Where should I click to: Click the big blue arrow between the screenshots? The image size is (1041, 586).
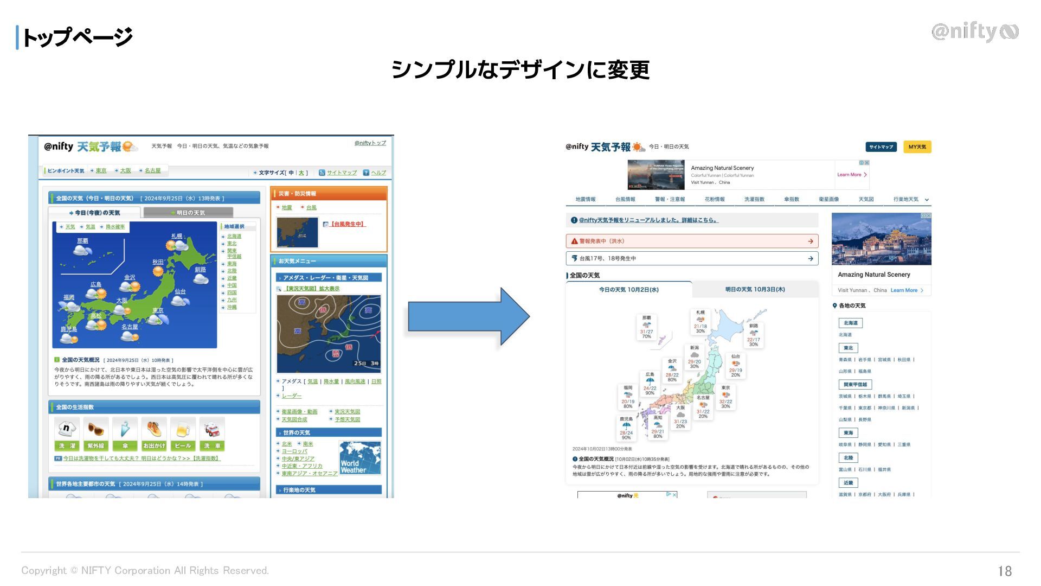tap(467, 316)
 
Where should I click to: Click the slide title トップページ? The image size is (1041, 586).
tap(76, 37)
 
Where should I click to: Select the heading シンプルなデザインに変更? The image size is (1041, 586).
tap(520, 69)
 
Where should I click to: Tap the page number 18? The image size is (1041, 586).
tap(1004, 571)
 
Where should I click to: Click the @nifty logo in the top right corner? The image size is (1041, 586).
tap(974, 32)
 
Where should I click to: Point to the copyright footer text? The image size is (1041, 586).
tap(145, 570)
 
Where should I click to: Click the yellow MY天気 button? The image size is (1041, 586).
tap(917, 147)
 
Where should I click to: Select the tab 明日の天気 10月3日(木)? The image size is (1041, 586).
tap(755, 290)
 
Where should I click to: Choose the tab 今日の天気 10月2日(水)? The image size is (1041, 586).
tap(628, 290)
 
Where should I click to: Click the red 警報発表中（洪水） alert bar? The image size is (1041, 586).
tap(691, 241)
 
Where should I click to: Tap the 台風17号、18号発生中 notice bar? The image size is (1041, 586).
tap(691, 258)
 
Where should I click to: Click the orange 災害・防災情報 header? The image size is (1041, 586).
tap(329, 194)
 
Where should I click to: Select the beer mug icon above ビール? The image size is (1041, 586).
tap(183, 430)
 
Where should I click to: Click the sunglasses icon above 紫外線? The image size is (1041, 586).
tap(95, 430)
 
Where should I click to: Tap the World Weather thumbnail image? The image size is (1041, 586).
tap(360, 458)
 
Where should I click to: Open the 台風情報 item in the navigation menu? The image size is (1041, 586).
tap(625, 199)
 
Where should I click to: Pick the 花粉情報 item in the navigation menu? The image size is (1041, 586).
tap(714, 199)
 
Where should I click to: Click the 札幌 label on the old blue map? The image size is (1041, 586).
tap(177, 236)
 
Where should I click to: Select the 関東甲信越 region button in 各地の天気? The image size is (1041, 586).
tap(855, 385)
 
